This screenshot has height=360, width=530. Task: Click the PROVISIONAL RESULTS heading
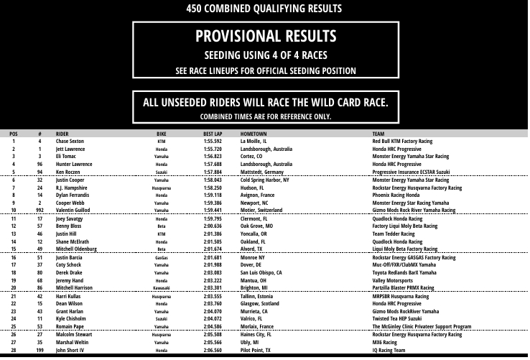click(x=265, y=36)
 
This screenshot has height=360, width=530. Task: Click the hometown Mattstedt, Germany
click(x=262, y=172)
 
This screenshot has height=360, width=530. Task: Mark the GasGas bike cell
click(x=162, y=257)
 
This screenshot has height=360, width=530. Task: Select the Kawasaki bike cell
click(x=162, y=287)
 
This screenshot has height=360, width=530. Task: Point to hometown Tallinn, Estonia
click(x=260, y=296)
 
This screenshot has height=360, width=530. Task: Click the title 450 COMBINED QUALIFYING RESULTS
click(x=264, y=9)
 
